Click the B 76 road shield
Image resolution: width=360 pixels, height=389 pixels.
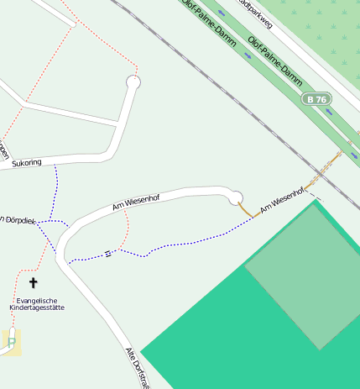[x=316, y=99]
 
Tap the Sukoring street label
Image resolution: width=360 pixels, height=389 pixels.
[x=26, y=163]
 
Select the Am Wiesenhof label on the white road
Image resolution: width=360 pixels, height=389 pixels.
[x=135, y=201]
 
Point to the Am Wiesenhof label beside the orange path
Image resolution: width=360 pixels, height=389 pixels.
[x=280, y=199]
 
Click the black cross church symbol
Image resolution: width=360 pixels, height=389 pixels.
[x=34, y=283]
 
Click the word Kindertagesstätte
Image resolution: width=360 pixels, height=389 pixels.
[x=36, y=308]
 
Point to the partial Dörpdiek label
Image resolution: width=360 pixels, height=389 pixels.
[x=12, y=220]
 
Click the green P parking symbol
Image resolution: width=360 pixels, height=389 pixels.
[x=12, y=341]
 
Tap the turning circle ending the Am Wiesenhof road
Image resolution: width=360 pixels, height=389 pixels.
[x=236, y=197]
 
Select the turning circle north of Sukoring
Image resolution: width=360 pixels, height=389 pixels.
[x=133, y=81]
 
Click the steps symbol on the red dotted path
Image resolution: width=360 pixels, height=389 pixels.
[x=107, y=253]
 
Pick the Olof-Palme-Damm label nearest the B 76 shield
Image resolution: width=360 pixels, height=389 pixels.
[x=275, y=63]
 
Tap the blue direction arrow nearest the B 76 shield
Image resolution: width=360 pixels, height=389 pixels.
[x=329, y=111]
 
